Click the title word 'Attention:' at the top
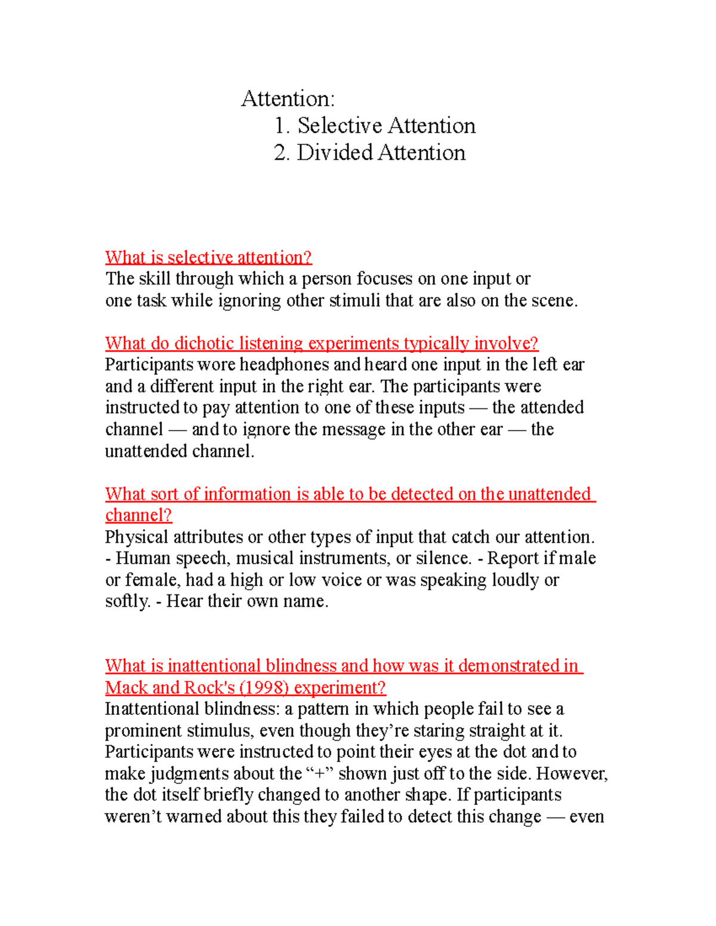[x=288, y=99]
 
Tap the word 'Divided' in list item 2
[x=335, y=153]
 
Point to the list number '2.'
[x=282, y=153]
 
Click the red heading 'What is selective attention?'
[x=208, y=258]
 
